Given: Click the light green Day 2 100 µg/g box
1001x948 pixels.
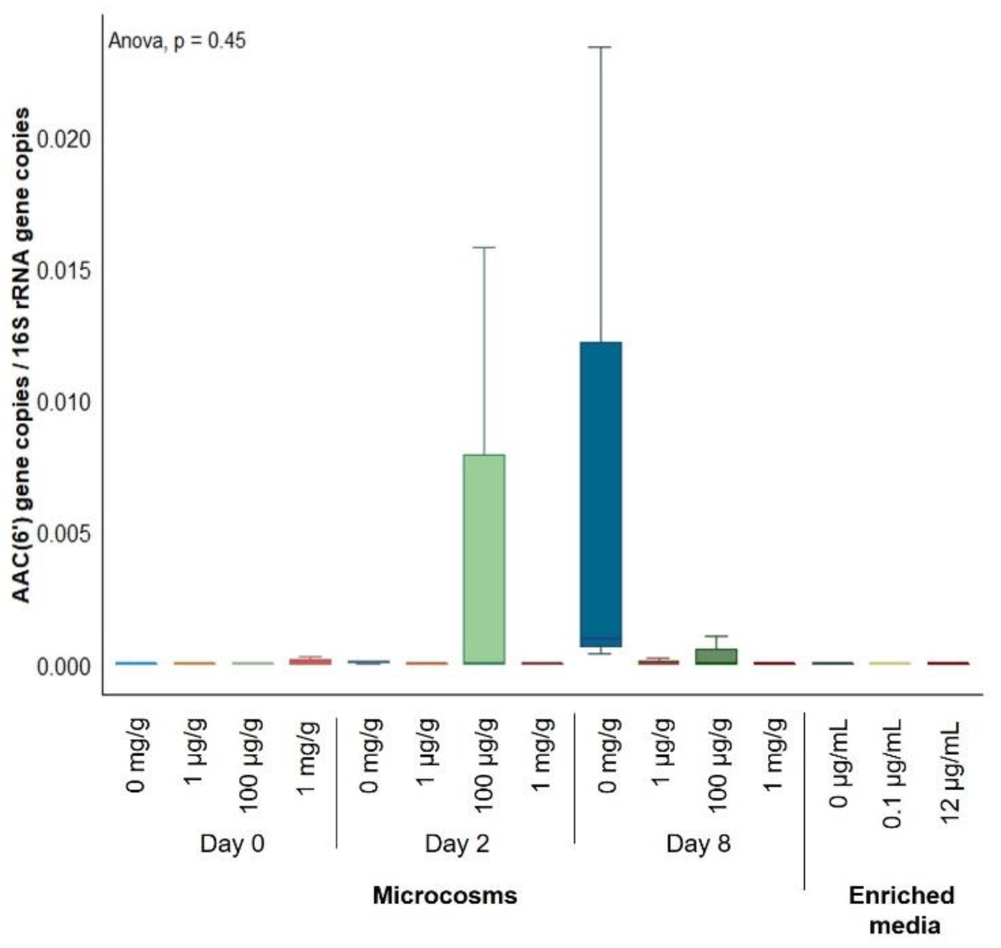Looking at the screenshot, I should click(x=484, y=558).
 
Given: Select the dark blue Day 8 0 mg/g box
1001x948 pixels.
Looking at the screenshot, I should click(x=601, y=494).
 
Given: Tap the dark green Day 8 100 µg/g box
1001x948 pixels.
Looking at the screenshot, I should click(x=716, y=656).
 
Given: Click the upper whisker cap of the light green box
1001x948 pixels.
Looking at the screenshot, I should click(x=484, y=247).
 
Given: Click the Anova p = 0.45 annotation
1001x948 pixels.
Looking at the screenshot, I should click(x=177, y=41).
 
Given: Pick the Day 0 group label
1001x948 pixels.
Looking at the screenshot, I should click(x=232, y=843).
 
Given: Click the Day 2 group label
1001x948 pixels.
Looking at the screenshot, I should click(x=457, y=843).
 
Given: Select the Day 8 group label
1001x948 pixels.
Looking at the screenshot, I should click(x=698, y=843).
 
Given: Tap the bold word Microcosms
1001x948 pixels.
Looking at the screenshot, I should click(x=445, y=895).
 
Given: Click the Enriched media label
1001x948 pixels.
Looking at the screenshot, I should click(x=901, y=910).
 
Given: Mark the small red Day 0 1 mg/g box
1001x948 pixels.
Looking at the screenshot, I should click(x=310, y=661).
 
